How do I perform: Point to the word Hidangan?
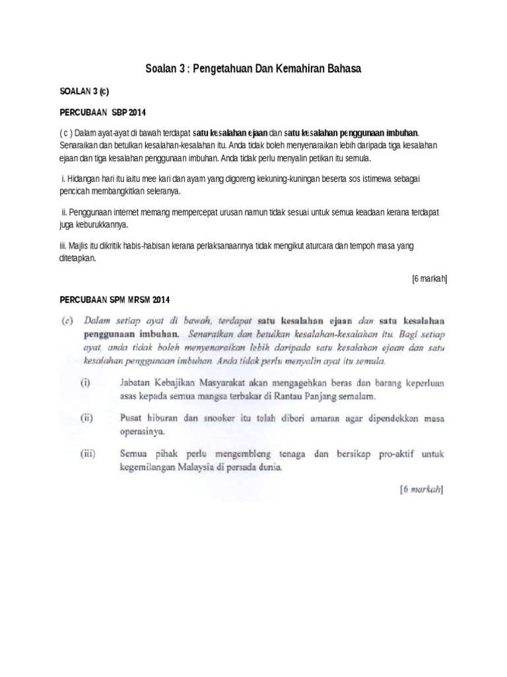[83, 179]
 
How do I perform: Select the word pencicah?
[78, 191]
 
